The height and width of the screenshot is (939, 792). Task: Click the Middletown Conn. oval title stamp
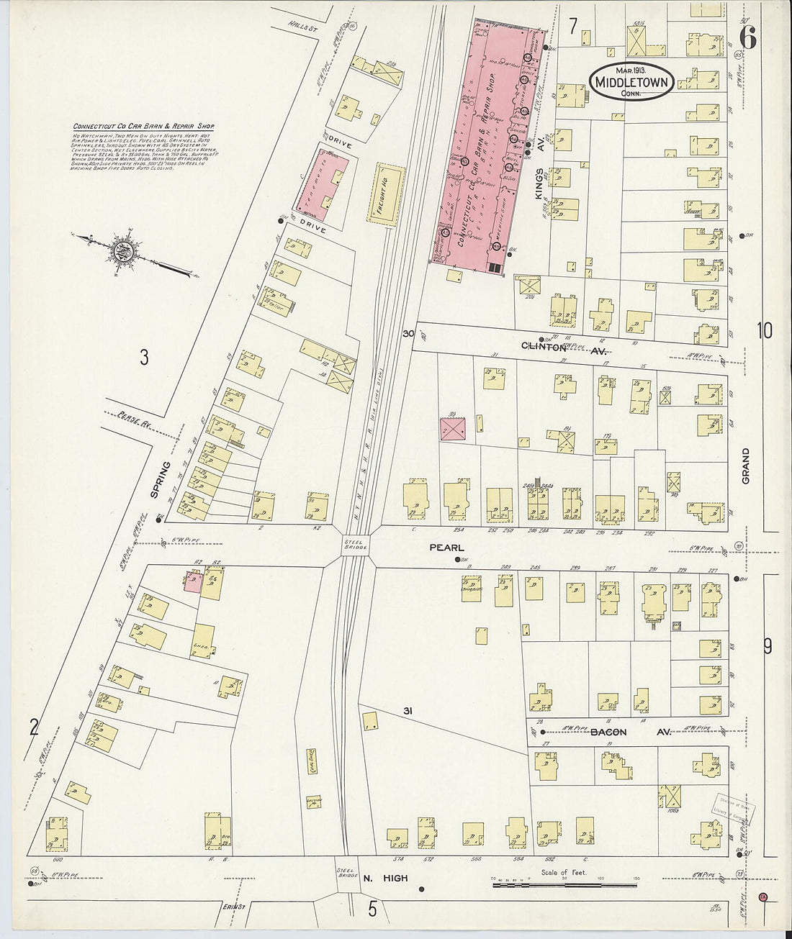(x=632, y=83)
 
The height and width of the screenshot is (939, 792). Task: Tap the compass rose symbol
(x=130, y=250)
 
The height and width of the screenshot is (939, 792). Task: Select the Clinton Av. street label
(x=564, y=345)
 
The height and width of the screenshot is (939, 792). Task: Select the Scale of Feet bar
(x=565, y=882)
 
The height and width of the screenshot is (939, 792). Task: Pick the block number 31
(x=408, y=712)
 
